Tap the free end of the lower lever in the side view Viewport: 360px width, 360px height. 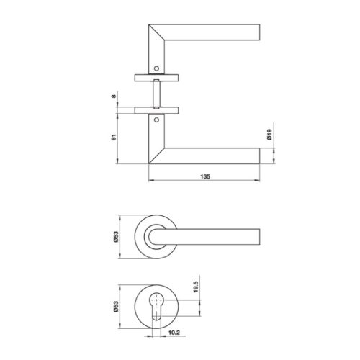[258, 156]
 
